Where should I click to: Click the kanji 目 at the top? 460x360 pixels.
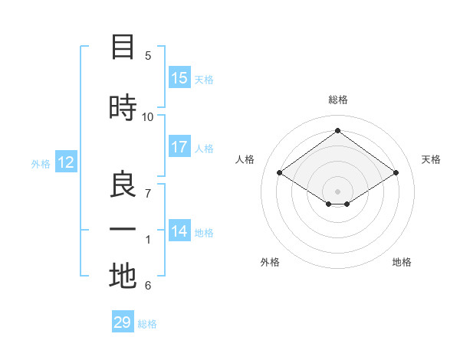pos(123,47)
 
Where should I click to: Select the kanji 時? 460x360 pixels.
pos(123,107)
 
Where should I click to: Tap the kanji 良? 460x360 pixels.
pos(123,185)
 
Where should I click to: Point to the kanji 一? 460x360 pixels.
pos(123,230)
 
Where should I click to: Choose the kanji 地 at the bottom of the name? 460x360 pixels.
pos(123,277)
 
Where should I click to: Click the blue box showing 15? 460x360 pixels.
pos(179,78)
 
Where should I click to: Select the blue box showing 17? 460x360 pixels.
pos(179,147)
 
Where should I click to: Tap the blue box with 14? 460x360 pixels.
pos(179,231)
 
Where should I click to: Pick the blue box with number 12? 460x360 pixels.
pos(66,162)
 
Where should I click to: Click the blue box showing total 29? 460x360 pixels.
pos(123,322)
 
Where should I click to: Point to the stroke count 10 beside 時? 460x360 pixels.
pos(148,116)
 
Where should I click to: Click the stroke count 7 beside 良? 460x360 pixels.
pos(148,193)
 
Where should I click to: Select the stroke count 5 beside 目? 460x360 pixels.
pos(148,55)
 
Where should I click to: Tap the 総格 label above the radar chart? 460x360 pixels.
pos(337,100)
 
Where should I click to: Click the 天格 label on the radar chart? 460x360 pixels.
pos(431,159)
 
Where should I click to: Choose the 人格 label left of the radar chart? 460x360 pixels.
pos(245,159)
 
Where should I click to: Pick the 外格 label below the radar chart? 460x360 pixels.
pos(270,262)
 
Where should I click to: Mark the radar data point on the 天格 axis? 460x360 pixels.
pos(396,173)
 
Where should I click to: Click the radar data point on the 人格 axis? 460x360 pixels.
pos(280,173)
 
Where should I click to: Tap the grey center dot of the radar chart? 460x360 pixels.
pos(337,190)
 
